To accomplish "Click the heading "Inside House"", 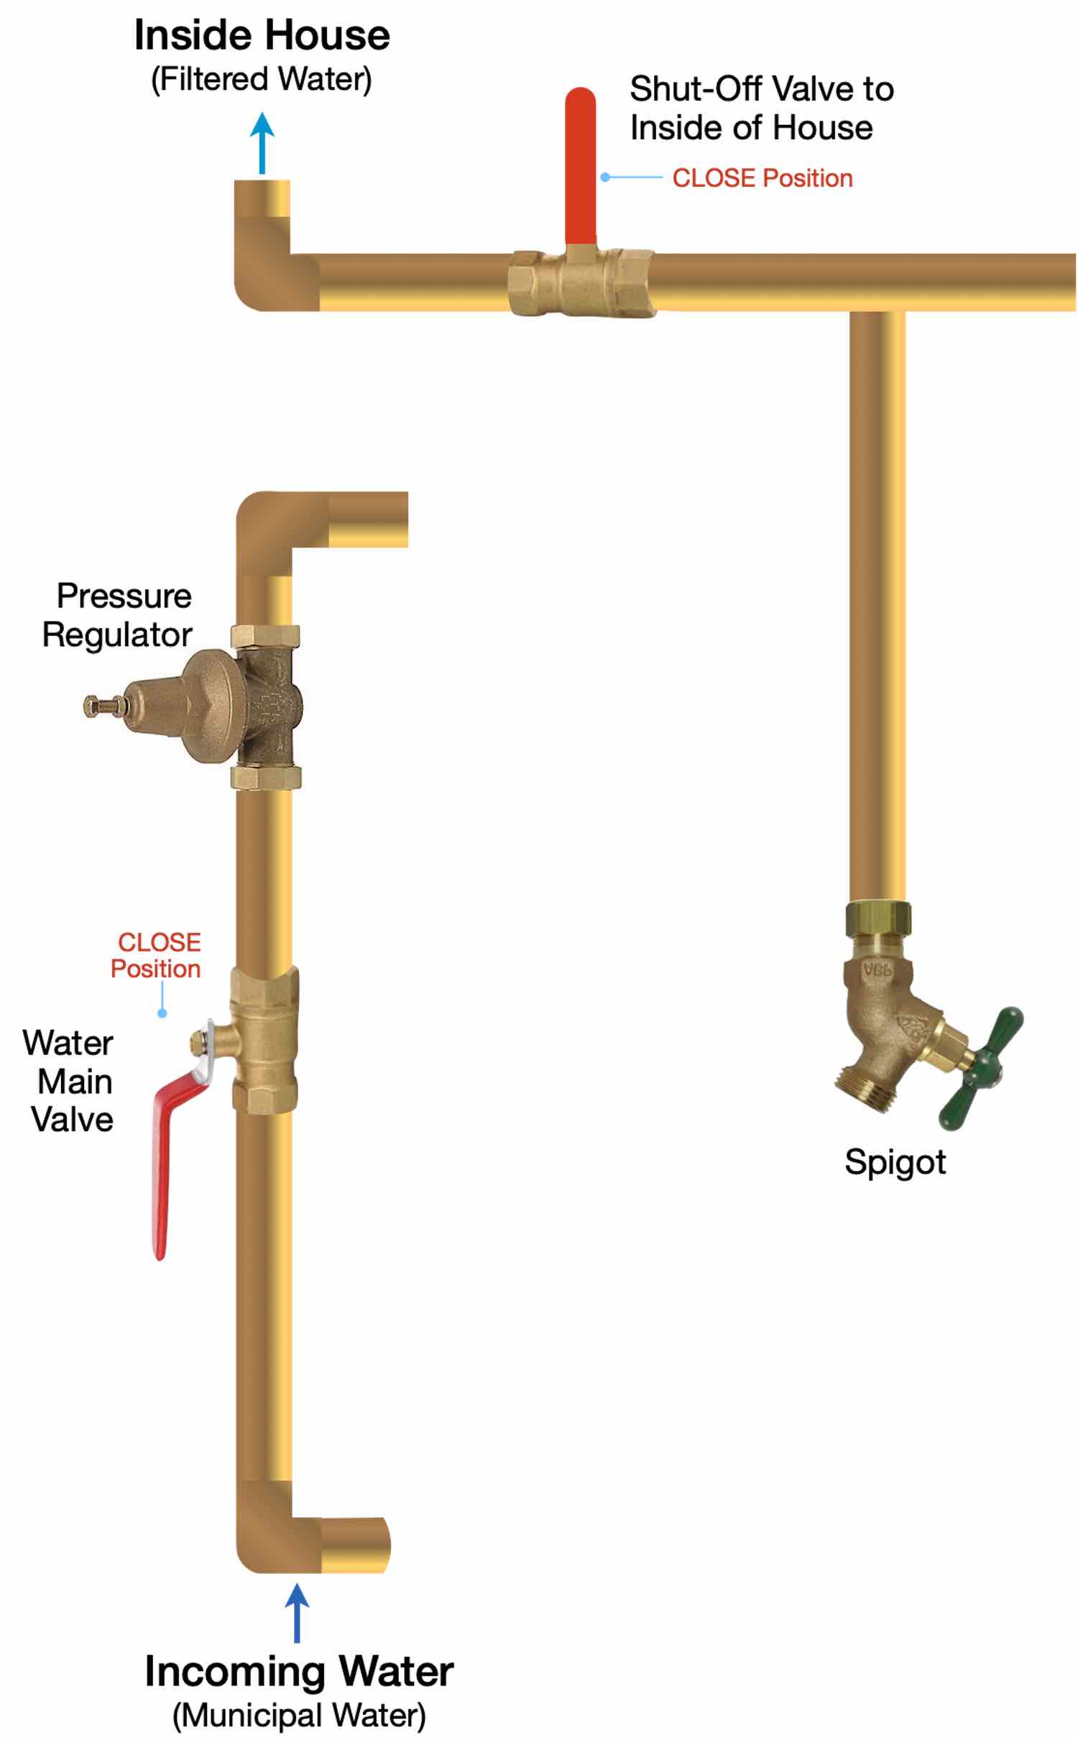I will (x=262, y=36).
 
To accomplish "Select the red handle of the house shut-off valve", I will (x=580, y=165).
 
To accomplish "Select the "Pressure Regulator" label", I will (x=118, y=615).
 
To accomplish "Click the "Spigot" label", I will (x=895, y=1161).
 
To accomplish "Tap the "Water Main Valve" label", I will (x=70, y=1081).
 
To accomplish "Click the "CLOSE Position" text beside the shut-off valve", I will (x=762, y=178).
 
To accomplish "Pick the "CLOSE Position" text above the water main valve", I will (x=157, y=955).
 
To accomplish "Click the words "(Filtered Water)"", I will (x=262, y=79).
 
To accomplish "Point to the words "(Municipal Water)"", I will (x=299, y=1715).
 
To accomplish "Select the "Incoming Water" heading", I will (x=299, y=1671).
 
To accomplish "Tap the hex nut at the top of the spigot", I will (x=877, y=918).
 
